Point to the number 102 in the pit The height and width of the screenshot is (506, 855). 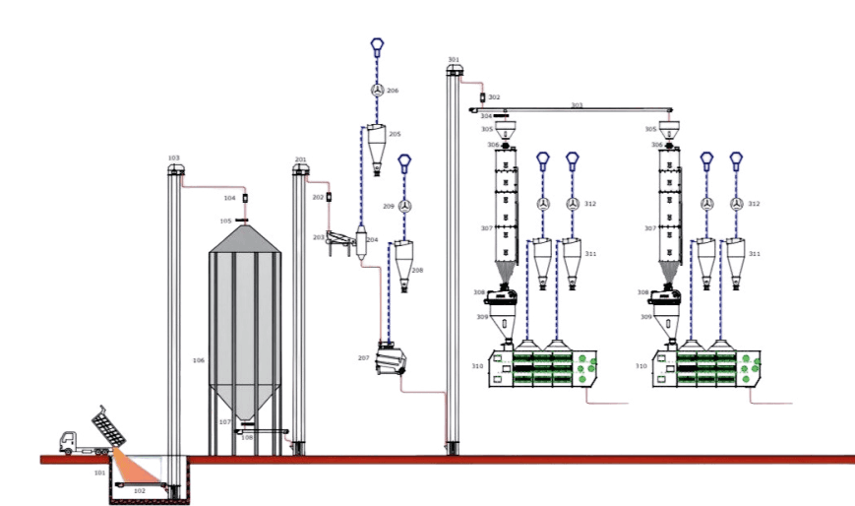pos(140,489)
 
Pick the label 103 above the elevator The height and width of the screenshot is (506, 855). pos(174,158)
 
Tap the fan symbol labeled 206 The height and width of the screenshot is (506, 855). pos(377,91)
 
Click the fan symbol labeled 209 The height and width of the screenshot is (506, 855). pos(403,206)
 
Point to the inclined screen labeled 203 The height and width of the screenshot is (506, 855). pos(340,238)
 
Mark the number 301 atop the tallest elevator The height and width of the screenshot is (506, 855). pos(454,59)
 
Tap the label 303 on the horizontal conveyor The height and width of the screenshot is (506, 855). pos(577,104)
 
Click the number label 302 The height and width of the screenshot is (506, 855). pos(494,97)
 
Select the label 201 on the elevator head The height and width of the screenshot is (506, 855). pos(300,158)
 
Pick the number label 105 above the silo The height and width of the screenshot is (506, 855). pos(226,221)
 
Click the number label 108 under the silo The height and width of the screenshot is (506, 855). pos(247,437)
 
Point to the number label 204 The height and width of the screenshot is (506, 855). pos(372,239)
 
